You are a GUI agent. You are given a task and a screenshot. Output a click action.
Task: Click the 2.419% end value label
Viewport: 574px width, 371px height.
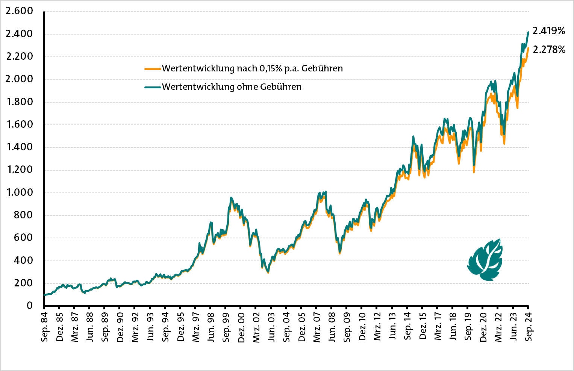[549, 31]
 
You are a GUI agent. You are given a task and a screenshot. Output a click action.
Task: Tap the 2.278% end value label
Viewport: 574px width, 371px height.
[549, 49]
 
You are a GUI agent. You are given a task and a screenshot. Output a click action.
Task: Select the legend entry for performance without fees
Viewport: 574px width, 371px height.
[232, 87]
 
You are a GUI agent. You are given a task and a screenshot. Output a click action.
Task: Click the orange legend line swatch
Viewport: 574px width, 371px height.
[153, 69]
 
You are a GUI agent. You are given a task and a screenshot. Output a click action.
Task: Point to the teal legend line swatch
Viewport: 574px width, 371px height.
[153, 87]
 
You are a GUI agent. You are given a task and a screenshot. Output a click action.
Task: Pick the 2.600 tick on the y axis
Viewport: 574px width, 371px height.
[20, 11]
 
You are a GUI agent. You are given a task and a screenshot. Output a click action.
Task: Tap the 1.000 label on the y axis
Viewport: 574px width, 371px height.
[20, 192]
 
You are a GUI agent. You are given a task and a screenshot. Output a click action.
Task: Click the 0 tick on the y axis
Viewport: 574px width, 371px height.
[29, 306]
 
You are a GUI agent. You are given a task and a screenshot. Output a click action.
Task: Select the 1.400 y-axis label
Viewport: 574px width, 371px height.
[20, 147]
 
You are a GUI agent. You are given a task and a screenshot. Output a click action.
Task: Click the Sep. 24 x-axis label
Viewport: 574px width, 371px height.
[529, 326]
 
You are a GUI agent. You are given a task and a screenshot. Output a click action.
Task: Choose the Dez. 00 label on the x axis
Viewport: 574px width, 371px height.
[241, 326]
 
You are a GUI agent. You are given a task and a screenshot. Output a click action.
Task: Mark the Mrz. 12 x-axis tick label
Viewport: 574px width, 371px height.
[377, 326]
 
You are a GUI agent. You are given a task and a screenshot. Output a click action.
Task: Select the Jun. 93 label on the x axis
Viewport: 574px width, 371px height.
[150, 326]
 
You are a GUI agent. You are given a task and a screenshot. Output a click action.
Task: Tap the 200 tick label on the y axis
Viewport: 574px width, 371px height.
[23, 283]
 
